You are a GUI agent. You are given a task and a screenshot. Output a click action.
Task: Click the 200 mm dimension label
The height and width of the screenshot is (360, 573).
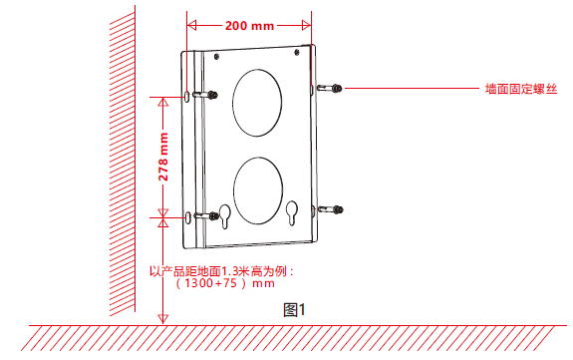[x=249, y=26]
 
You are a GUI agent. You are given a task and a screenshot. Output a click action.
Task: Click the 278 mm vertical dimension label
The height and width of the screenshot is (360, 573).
[x=163, y=157]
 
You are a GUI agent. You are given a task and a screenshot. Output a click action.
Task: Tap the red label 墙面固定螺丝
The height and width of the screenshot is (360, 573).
[x=521, y=89]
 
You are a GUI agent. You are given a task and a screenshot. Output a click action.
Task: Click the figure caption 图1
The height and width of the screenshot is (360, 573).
[x=294, y=310]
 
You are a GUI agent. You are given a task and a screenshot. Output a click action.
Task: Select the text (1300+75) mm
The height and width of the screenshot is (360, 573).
[x=225, y=283]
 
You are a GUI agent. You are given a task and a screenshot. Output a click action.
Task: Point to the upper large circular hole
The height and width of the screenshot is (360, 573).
[x=257, y=103]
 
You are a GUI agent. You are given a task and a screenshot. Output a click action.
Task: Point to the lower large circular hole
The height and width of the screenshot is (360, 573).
[x=258, y=190]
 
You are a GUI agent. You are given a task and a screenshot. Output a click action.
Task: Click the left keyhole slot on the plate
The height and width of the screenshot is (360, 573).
[x=225, y=216]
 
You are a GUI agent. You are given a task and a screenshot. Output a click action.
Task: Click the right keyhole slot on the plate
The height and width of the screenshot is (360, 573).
[x=292, y=213]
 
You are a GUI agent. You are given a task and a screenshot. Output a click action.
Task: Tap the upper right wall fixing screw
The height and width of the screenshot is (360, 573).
[x=329, y=88]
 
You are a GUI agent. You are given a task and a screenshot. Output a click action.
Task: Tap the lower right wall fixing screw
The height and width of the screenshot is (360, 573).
[x=331, y=209]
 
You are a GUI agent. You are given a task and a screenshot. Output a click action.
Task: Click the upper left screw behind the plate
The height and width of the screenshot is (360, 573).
[x=205, y=95]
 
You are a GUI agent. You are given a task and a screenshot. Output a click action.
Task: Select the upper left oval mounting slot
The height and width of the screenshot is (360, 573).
[x=187, y=97]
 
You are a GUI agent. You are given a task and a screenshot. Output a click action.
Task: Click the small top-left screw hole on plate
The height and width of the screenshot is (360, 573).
[x=216, y=56]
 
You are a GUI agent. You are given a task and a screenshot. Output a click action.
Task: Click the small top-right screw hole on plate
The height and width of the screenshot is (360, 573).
[x=297, y=52]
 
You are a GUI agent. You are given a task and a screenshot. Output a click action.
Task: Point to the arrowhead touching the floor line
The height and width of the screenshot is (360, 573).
[x=163, y=319]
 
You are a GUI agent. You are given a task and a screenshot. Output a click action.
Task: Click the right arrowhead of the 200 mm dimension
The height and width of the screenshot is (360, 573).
[x=306, y=25]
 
